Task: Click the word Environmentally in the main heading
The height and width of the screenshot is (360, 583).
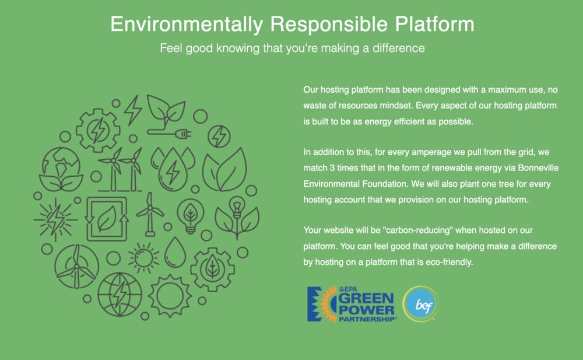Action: [x=187, y=25]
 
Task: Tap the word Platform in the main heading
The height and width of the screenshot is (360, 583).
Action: [x=435, y=24]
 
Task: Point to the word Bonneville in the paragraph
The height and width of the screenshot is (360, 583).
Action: [x=538, y=168]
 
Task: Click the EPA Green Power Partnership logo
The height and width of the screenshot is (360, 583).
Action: [x=352, y=304]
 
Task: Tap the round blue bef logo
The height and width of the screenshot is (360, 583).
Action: [x=420, y=304]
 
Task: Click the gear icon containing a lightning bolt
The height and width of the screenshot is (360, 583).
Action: [x=98, y=130]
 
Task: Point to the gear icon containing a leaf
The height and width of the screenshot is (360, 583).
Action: [x=212, y=268]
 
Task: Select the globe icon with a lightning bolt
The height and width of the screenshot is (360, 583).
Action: [x=120, y=295]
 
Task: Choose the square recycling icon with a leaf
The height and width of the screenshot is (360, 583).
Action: [x=107, y=219]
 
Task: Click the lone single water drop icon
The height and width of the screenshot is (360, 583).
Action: [x=175, y=253]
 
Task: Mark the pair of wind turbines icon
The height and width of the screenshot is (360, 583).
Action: [x=120, y=169]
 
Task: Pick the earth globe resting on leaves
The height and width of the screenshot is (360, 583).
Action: [x=61, y=169]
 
